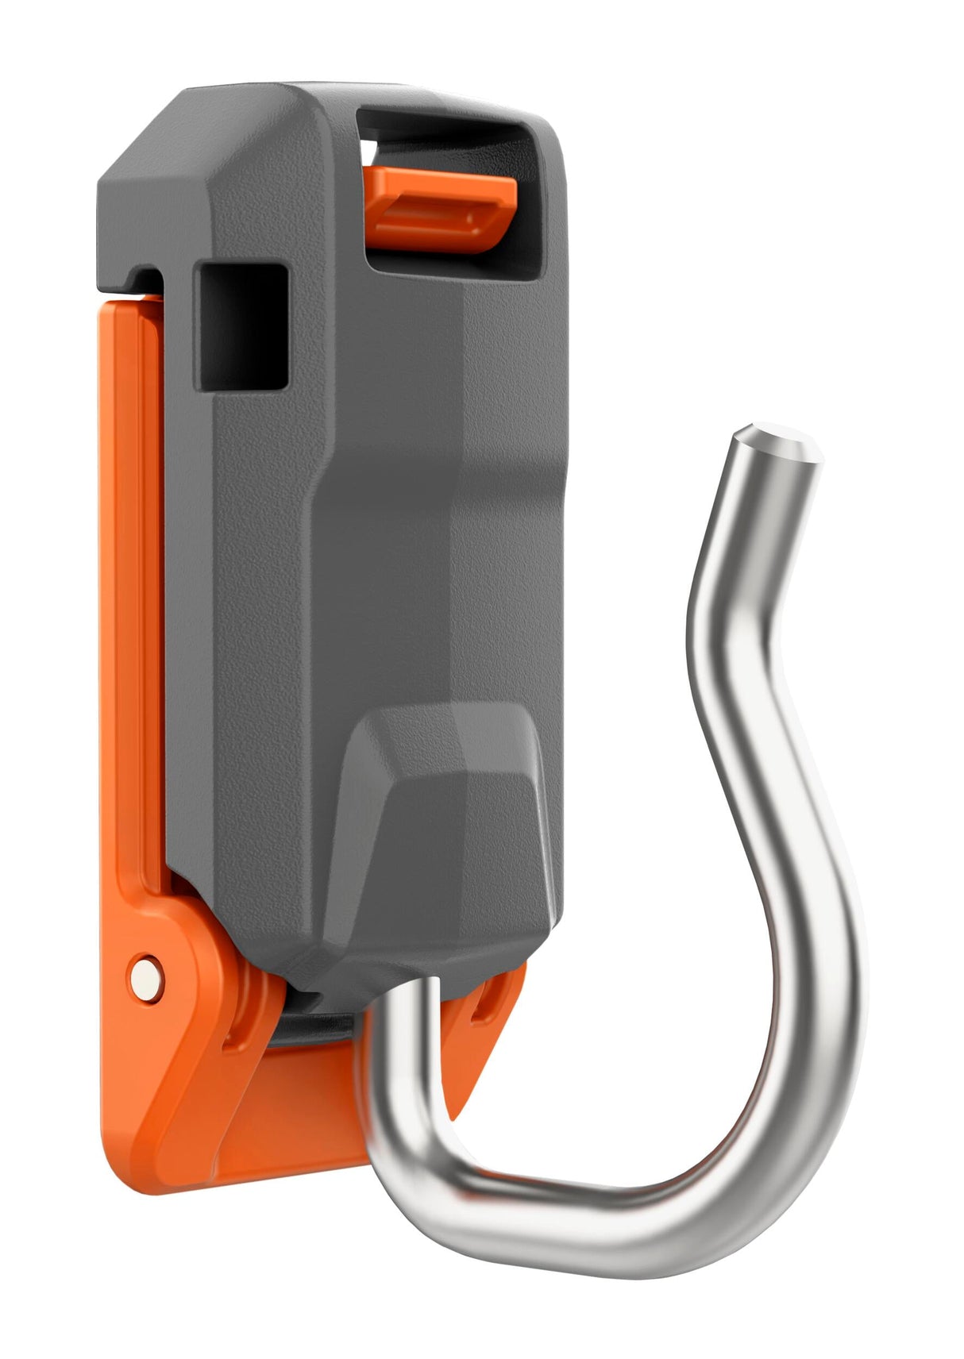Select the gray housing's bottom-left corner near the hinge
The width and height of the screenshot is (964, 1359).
click(x=230, y=913)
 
